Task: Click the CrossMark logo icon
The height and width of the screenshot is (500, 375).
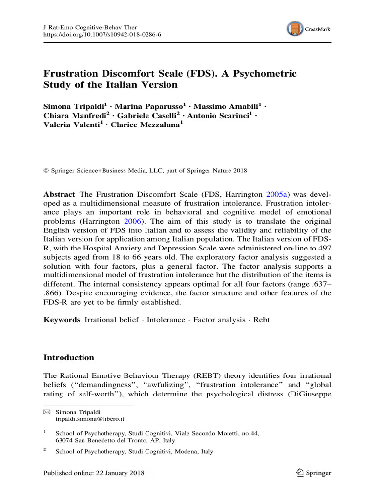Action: click(294, 28)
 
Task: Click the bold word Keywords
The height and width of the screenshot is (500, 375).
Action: click(62, 320)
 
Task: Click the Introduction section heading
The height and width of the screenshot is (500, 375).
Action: click(69, 358)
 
